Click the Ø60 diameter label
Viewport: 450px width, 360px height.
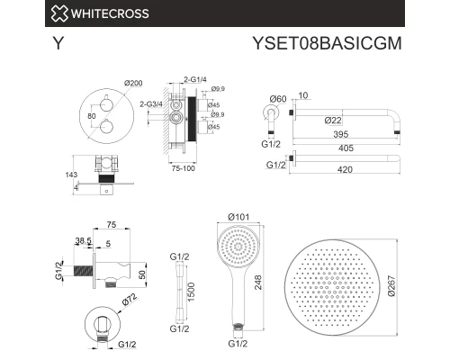278,97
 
